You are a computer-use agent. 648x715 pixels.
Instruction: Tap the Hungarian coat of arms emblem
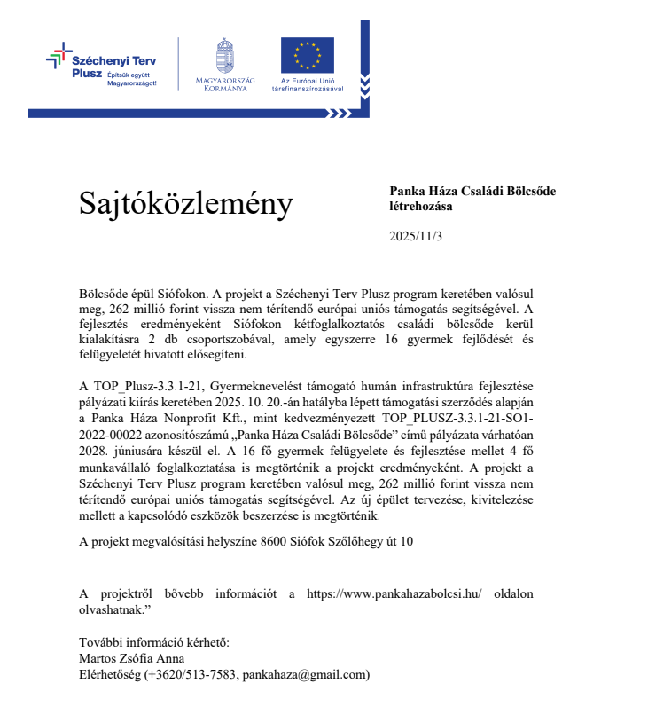click(x=225, y=55)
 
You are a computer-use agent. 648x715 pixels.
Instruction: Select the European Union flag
click(x=307, y=55)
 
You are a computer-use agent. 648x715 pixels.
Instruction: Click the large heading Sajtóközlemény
click(x=185, y=204)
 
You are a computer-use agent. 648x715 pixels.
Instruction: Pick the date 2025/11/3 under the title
click(x=416, y=236)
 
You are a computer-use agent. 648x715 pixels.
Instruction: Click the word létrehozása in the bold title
click(x=421, y=206)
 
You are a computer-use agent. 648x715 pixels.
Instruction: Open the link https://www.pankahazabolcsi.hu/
click(x=394, y=593)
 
